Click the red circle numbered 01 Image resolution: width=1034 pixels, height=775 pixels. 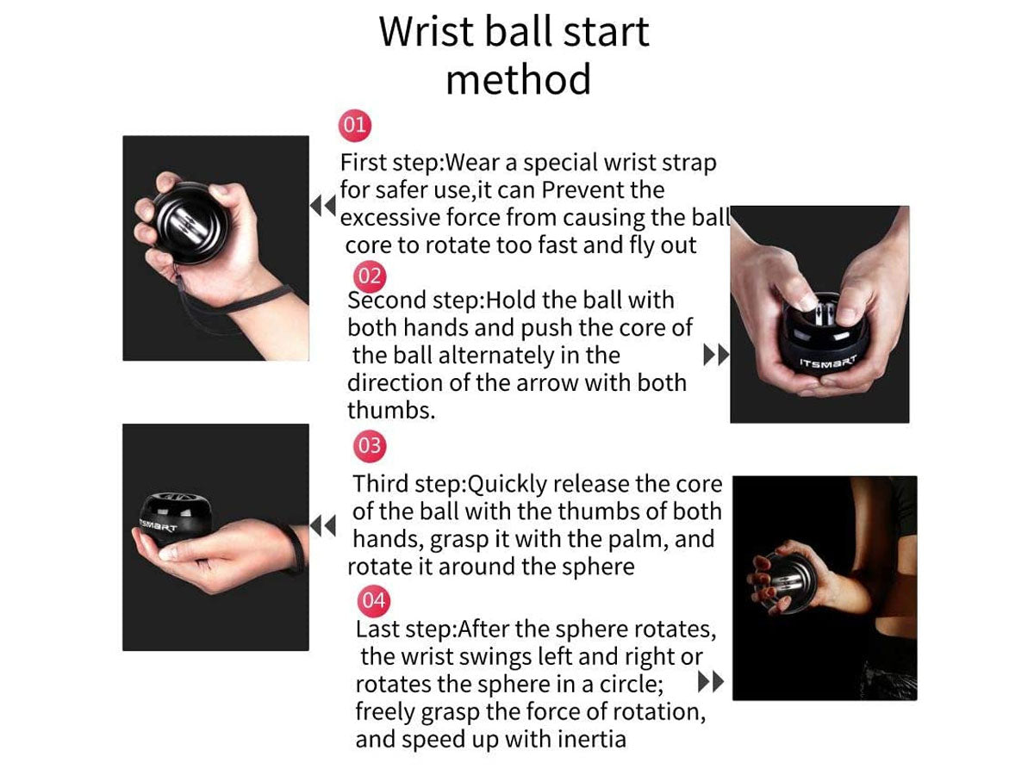click(x=355, y=125)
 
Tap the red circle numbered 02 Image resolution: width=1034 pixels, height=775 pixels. click(x=370, y=276)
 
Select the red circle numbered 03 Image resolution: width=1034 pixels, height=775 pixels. click(x=370, y=445)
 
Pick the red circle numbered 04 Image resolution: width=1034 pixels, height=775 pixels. click(x=374, y=601)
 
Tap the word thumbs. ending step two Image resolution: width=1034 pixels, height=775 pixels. click(x=391, y=411)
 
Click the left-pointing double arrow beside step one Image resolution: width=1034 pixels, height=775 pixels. click(x=322, y=206)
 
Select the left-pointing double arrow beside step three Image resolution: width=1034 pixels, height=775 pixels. click(x=322, y=525)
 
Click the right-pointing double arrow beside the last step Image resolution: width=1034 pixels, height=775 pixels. click(x=710, y=681)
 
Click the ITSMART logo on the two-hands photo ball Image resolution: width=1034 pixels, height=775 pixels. click(x=828, y=362)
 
